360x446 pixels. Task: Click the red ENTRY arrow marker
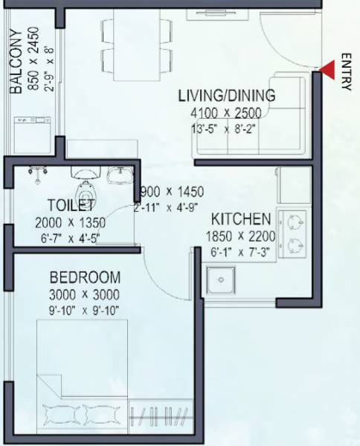(x=326, y=71)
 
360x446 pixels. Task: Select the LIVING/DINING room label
(x=226, y=96)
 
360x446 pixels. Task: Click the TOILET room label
(x=70, y=205)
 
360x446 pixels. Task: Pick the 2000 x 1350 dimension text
(x=70, y=223)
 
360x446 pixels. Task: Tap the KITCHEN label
(x=240, y=220)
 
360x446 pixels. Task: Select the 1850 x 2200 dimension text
(x=240, y=238)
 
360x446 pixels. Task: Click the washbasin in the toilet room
(x=119, y=176)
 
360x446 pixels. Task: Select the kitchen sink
(x=222, y=282)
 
